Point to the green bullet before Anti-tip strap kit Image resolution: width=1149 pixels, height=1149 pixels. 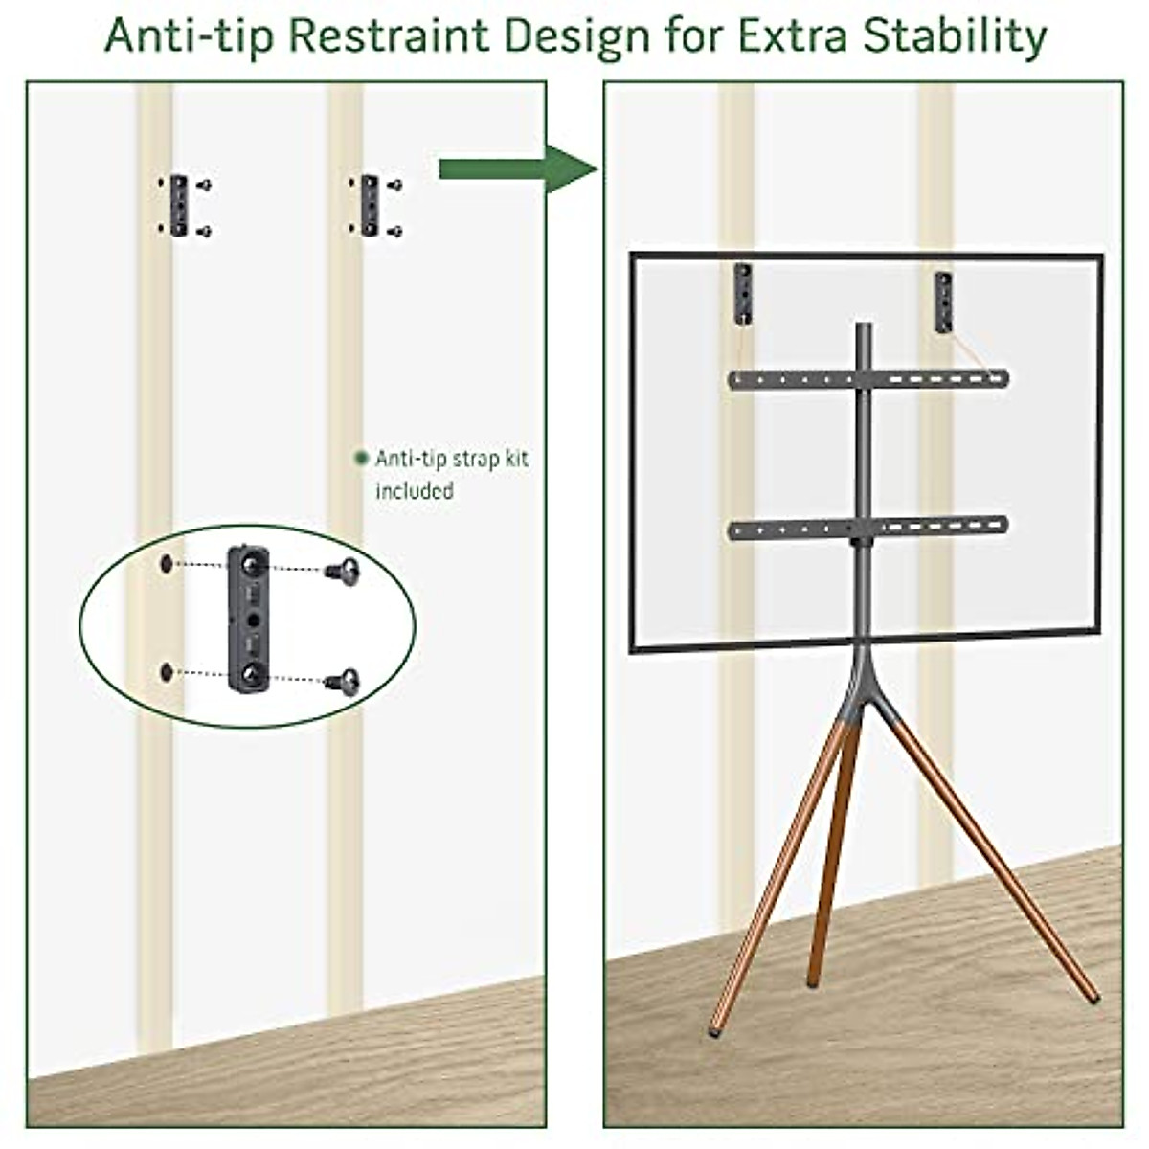click(361, 459)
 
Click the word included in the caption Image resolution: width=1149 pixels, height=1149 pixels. click(414, 491)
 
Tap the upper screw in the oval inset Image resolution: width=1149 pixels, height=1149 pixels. click(346, 572)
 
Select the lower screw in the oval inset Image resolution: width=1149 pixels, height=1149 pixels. click(346, 681)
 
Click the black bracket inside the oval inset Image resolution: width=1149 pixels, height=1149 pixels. click(248, 620)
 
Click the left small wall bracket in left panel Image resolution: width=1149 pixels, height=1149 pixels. click(179, 206)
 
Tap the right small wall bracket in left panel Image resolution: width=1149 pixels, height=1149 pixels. click(370, 206)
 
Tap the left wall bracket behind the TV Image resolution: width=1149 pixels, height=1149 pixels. click(744, 295)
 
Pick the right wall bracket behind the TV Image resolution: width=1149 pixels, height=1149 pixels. click(944, 303)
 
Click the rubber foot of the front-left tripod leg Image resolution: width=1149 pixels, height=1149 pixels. click(714, 1031)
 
